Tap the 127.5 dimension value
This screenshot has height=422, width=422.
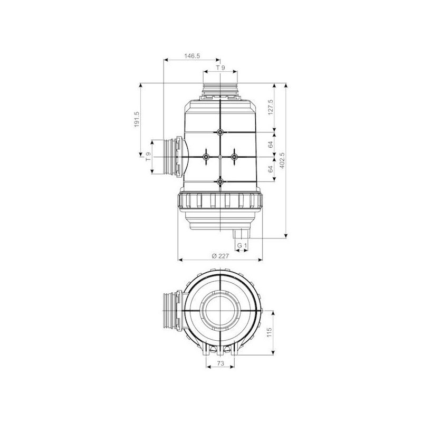coord(270,108)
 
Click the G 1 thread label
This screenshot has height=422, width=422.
coord(242,246)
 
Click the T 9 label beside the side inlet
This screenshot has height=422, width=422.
coord(148,156)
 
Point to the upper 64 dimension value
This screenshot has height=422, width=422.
coord(270,143)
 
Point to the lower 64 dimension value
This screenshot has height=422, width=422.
coord(270,169)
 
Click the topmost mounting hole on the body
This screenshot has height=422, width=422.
coord(220,132)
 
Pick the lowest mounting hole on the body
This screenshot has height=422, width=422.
coord(220,181)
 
